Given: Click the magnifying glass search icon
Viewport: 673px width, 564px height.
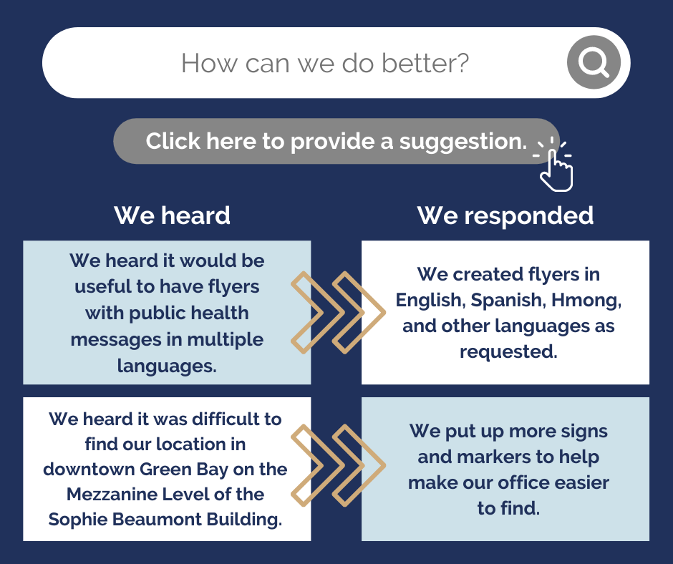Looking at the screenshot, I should pyautogui.click(x=593, y=63).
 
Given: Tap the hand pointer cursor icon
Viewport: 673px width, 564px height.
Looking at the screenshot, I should pyautogui.click(x=556, y=168).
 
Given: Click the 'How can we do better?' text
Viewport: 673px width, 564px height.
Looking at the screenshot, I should pyautogui.click(x=325, y=63).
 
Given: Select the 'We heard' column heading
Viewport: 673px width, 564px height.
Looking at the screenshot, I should pyautogui.click(x=172, y=215).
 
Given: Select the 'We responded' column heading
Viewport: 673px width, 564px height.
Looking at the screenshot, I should pyautogui.click(x=505, y=215).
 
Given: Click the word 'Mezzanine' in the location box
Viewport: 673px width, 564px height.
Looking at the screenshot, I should pyautogui.click(x=115, y=494).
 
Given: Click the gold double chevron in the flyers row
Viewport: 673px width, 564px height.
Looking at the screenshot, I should pyautogui.click(x=336, y=312).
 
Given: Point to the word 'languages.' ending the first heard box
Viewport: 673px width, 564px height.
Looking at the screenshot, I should pyautogui.click(x=167, y=366).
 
